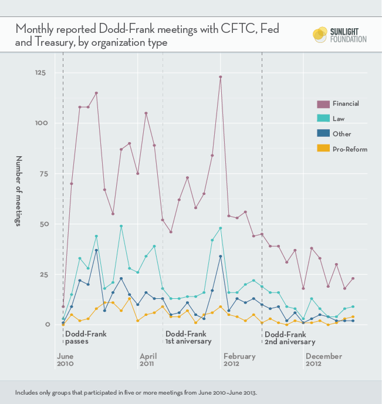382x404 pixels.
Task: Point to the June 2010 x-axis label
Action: pos(66,360)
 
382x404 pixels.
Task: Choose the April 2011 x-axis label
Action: pos(148,360)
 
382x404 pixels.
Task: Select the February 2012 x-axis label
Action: pos(239,360)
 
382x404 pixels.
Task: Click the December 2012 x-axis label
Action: pos(323,360)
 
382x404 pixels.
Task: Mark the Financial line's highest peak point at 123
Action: pos(221,77)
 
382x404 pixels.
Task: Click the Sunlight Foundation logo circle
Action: pos(320,35)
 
